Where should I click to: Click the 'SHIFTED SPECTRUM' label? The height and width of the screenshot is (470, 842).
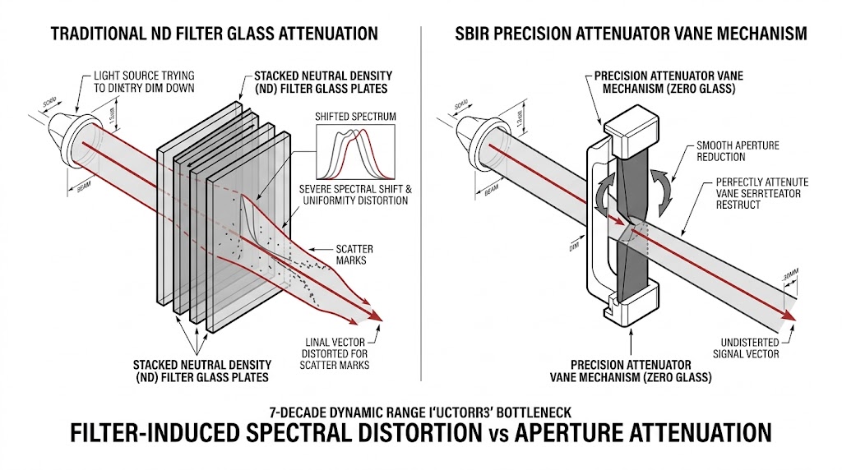355,117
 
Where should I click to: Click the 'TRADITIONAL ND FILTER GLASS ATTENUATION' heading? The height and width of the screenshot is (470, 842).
214,34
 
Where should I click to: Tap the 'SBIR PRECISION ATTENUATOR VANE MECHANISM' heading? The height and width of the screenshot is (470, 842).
631,34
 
